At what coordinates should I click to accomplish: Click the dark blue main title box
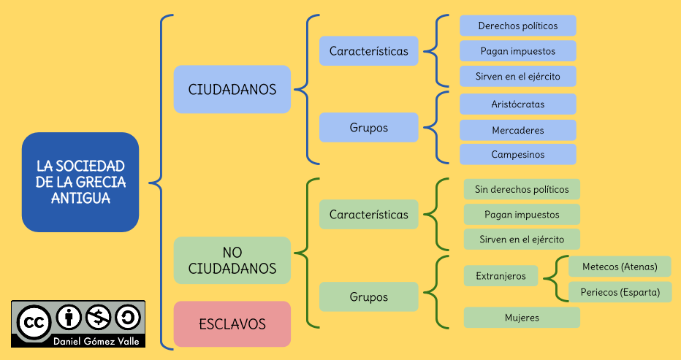coord(80,182)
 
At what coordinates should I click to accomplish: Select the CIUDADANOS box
coord(232,89)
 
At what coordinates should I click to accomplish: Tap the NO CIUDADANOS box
coord(232,260)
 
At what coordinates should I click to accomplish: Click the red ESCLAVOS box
coord(232,323)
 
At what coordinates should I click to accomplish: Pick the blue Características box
coord(368,51)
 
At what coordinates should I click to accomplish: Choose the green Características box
coord(368,215)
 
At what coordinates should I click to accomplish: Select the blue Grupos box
coord(368,127)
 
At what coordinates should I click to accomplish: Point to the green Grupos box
coord(368,297)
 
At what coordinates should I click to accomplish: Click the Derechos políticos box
coord(517,26)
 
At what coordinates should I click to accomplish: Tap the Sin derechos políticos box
coord(522,189)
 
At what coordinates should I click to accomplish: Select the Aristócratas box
coord(517,104)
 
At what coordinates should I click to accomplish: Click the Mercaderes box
coord(517,130)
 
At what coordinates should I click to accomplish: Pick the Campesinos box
coord(517,154)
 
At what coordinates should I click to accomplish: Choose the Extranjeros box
coord(501,276)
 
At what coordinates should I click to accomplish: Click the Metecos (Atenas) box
coord(620,267)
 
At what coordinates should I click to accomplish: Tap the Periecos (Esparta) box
coord(620,292)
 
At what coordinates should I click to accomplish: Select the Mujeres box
coord(522,318)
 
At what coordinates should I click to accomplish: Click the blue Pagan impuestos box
coord(517,51)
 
